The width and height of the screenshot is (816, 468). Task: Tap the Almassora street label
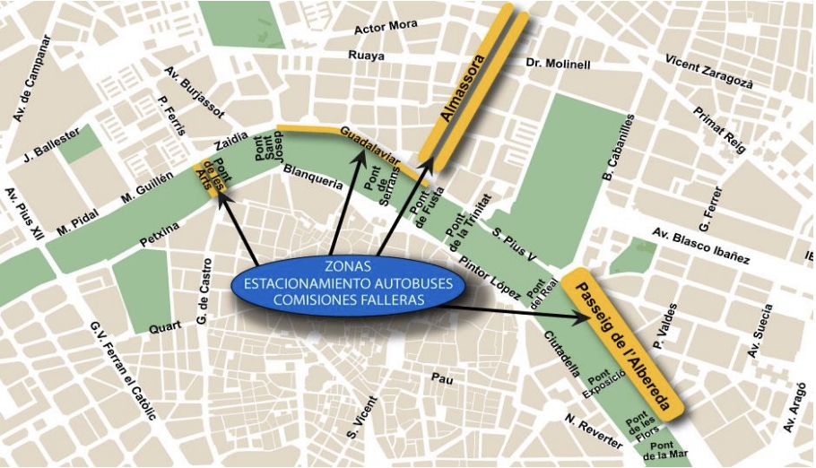[x=462, y=89]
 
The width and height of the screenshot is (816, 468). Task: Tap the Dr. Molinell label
[x=558, y=65]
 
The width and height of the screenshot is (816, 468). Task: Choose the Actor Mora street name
[x=386, y=27]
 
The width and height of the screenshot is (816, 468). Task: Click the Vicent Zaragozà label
[x=709, y=71]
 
